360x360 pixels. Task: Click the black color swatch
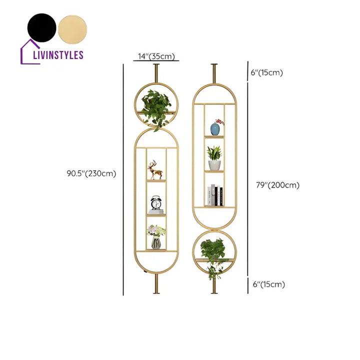(x=41, y=27)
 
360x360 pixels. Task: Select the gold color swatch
(x=72, y=27)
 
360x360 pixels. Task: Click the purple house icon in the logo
(x=28, y=52)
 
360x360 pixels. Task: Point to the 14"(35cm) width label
(x=155, y=56)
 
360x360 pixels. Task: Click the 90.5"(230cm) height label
(x=91, y=173)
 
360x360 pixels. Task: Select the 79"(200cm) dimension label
(x=277, y=185)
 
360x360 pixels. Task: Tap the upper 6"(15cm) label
(x=267, y=72)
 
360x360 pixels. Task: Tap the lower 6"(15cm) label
(x=268, y=284)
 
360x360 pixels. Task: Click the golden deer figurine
(x=156, y=170)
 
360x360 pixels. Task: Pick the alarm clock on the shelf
(x=156, y=204)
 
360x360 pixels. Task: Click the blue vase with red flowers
(x=216, y=128)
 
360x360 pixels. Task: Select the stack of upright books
(x=215, y=195)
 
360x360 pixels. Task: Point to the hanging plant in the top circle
(x=156, y=107)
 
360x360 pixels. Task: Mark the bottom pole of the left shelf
(x=156, y=285)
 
